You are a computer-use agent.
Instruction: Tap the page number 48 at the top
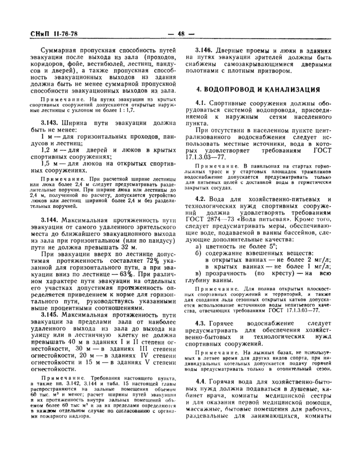click(181, 34)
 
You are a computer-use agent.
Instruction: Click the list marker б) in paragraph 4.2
click(198, 254)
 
